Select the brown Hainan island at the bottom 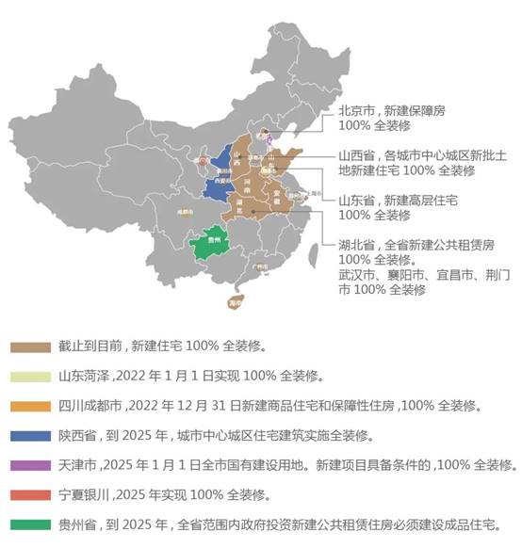pyautogui.click(x=235, y=302)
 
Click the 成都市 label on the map pyautogui.click(x=183, y=212)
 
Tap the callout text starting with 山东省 pyautogui.click(x=398, y=207)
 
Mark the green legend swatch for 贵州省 pyautogui.click(x=30, y=524)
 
